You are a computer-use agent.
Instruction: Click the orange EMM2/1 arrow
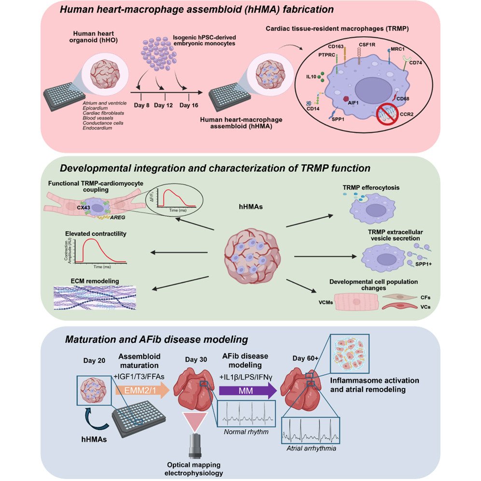(x=140, y=390)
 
